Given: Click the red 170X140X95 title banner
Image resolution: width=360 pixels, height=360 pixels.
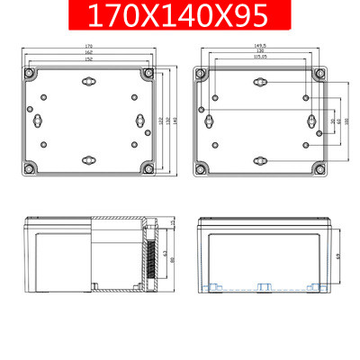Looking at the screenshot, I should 179,17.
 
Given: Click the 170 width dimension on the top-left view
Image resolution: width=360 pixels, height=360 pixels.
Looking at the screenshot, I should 89,45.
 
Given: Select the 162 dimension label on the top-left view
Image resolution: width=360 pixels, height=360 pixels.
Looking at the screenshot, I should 89,51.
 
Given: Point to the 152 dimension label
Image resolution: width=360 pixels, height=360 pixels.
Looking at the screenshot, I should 89,58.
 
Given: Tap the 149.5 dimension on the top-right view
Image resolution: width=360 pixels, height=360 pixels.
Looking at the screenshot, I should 260,45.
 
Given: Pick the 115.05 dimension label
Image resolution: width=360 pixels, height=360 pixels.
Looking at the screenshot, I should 260,58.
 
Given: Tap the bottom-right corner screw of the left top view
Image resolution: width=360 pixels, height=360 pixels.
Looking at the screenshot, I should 148,167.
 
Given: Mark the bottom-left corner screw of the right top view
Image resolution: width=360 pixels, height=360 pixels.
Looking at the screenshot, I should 202,167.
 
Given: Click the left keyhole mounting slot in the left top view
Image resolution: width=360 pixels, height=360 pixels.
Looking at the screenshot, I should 38,121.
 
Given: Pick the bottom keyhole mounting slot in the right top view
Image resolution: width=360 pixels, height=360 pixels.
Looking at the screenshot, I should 260,160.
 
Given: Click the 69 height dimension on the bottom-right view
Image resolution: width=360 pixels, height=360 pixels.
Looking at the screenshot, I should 337,256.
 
